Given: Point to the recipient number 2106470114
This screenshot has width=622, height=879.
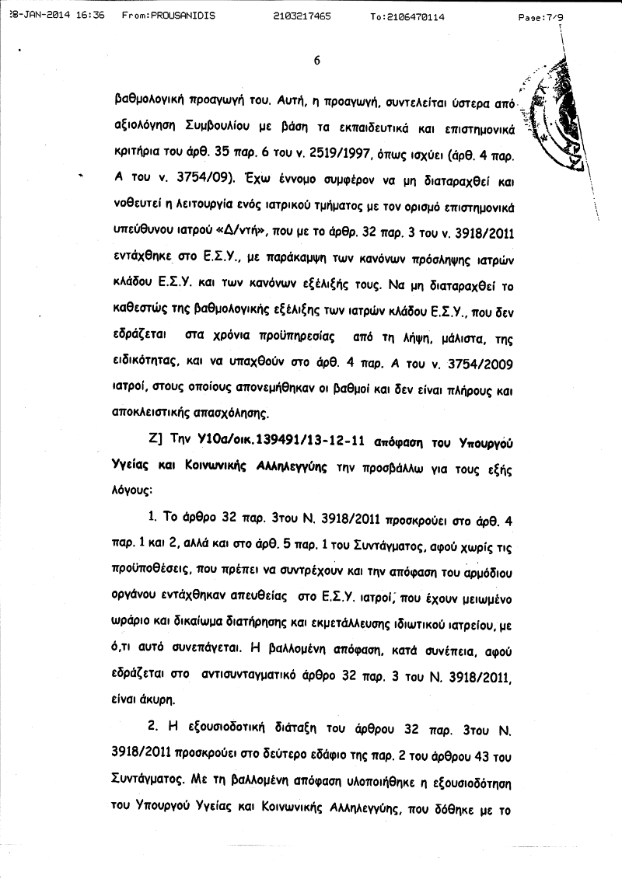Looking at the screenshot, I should click(x=418, y=16).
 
